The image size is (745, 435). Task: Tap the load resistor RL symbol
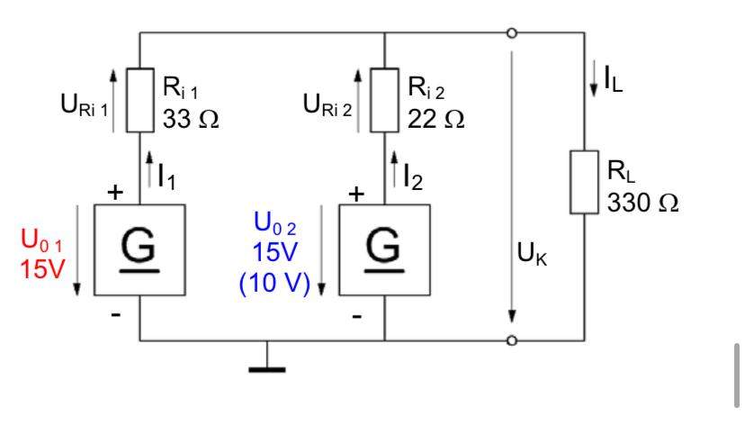(585, 183)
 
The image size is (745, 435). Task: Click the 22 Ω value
(435, 119)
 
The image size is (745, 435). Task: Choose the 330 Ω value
(642, 204)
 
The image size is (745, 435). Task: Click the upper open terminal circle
(511, 34)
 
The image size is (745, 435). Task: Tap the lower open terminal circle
(511, 340)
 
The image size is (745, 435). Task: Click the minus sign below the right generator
(357, 317)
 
